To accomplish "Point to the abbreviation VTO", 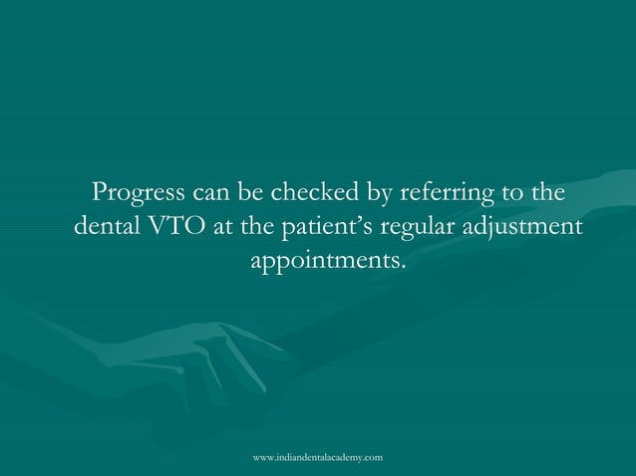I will click(x=177, y=226).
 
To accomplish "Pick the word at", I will click(x=224, y=226).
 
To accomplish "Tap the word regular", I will click(x=423, y=226).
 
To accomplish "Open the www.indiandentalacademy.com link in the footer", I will click(x=318, y=455).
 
